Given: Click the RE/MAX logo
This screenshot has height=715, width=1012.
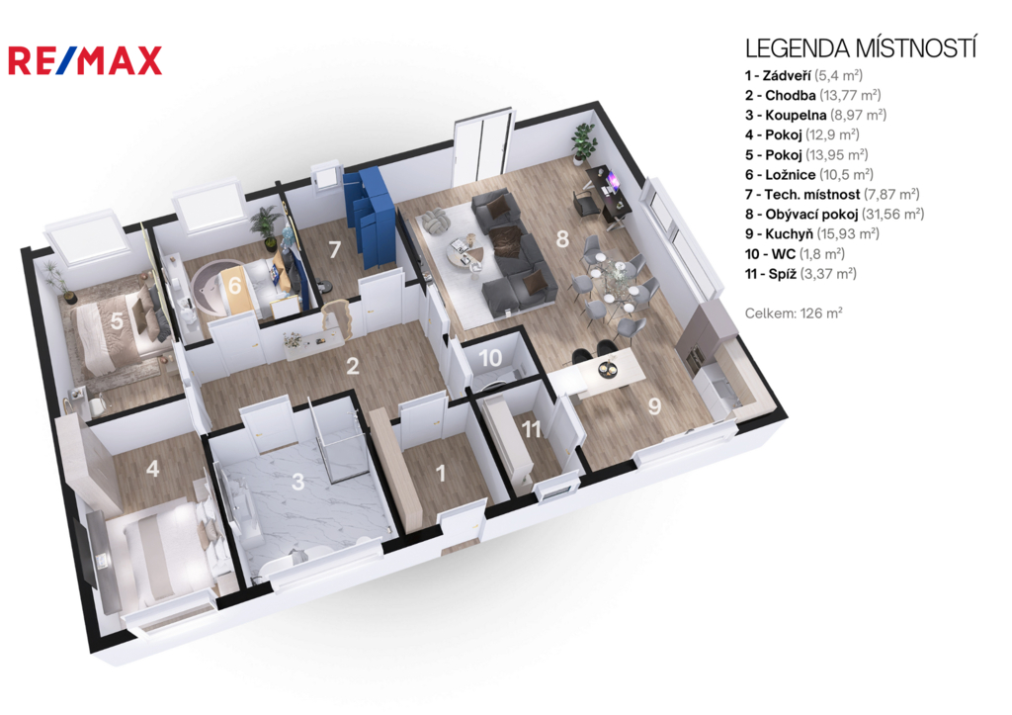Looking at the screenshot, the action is tap(85, 60).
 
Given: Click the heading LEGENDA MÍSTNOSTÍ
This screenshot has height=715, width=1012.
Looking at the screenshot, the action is tap(861, 48).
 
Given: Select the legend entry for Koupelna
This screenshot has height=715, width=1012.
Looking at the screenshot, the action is tap(815, 115).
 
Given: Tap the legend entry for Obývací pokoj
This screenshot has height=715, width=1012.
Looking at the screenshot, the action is tap(834, 214).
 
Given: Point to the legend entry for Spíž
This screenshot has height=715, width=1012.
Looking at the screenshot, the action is tap(801, 274).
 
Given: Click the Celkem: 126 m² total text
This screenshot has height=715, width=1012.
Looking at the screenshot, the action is tap(794, 313).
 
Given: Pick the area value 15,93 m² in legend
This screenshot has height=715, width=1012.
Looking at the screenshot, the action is tap(848, 233).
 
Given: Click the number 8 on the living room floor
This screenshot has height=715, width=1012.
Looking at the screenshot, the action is tap(562, 238).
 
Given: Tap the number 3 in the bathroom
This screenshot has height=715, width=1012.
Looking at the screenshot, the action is tap(297, 482).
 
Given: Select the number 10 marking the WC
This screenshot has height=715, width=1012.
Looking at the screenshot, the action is tap(490, 358).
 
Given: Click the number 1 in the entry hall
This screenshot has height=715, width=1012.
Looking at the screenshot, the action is tap(441, 474).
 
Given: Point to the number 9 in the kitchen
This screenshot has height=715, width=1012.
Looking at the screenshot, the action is tap(654, 406).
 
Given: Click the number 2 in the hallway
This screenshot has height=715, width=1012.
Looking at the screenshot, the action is tap(353, 366).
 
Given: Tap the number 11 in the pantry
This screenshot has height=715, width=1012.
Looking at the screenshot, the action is tap(531, 429).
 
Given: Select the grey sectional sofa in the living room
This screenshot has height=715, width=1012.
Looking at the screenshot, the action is tap(512, 254).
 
